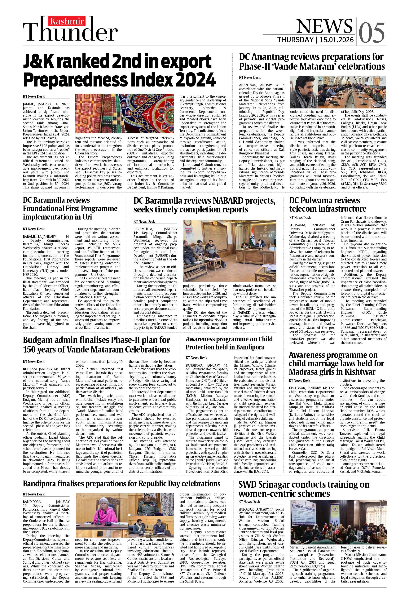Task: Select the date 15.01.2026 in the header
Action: [336, 40]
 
